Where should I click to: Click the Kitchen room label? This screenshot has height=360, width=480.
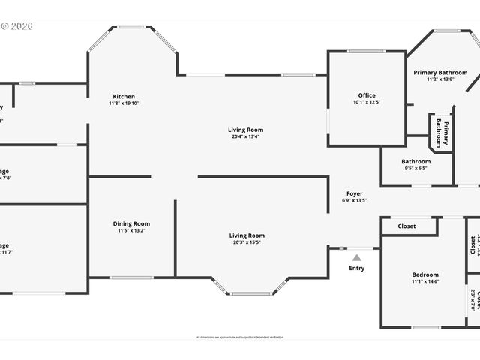click(x=124, y=96)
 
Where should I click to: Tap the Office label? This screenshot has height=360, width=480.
click(x=367, y=95)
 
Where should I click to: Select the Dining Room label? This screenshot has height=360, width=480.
click(x=131, y=223)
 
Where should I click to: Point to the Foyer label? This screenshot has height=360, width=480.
click(x=354, y=193)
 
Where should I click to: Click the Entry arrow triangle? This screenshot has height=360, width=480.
click(x=357, y=257)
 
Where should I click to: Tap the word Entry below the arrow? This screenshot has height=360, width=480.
click(x=357, y=268)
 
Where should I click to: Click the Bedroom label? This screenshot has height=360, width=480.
click(x=425, y=274)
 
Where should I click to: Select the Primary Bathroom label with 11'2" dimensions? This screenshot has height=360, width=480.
click(x=440, y=73)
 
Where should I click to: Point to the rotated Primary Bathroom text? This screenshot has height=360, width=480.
click(x=442, y=133)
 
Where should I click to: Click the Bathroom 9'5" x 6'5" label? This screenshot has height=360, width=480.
click(x=415, y=161)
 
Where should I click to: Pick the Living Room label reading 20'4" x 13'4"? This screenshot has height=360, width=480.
click(x=246, y=130)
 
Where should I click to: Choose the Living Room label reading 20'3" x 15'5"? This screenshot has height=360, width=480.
click(x=247, y=235)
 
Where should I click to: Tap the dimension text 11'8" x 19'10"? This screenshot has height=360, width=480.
click(x=124, y=103)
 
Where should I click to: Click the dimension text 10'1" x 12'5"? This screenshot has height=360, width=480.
click(x=367, y=102)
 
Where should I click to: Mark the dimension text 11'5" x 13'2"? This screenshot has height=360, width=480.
click(x=131, y=231)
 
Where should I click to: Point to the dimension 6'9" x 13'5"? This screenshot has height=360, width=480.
click(x=354, y=200)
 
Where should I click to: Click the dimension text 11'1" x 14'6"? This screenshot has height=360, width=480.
click(x=425, y=282)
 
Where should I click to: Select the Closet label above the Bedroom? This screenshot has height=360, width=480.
click(x=406, y=226)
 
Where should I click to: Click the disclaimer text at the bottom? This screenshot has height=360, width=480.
click(x=240, y=337)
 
